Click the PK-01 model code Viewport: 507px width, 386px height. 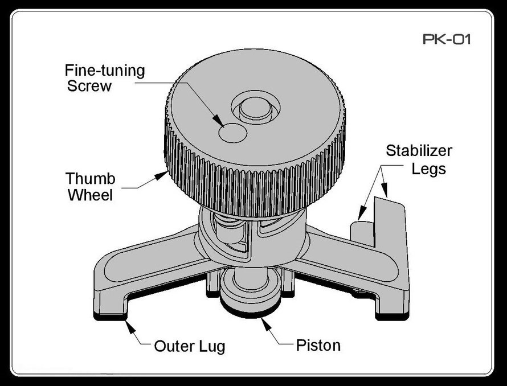tap(447, 40)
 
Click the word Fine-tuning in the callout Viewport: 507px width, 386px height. tap(104, 71)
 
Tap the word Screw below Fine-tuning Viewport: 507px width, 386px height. tap(90, 87)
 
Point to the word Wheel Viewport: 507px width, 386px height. tap(91, 195)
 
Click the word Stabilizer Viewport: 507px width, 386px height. tap(419, 151)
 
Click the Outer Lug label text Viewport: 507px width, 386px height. tap(190, 346)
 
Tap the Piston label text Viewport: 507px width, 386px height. tap(318, 345)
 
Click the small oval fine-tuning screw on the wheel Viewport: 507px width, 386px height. tap(233, 133)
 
